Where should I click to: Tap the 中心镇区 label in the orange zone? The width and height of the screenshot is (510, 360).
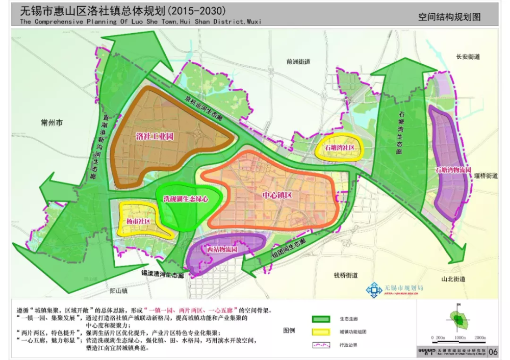click(277, 195)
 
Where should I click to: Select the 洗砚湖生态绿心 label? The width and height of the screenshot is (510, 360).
click(186, 199)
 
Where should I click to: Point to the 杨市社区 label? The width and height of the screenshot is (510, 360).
click(138, 221)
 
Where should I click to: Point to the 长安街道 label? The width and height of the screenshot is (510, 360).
click(468, 57)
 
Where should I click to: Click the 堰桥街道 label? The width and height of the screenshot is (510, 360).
click(485, 175)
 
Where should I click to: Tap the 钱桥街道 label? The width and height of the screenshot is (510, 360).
click(346, 275)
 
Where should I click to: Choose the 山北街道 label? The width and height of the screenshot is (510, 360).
click(453, 279)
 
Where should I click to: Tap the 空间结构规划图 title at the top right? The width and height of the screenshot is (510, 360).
click(449, 17)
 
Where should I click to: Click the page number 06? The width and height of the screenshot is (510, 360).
click(493, 352)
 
